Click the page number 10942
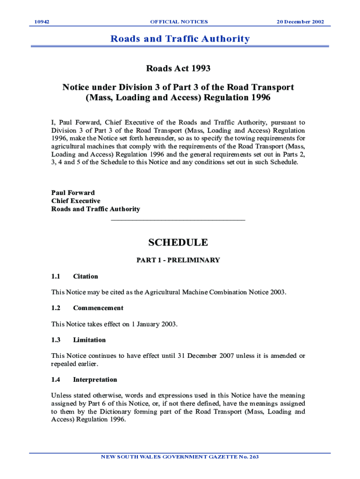point(43,22)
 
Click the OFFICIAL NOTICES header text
point(179,22)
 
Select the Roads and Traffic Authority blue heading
point(180,39)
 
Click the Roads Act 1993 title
point(179,69)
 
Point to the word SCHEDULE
point(178,242)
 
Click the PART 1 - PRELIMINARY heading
point(178,260)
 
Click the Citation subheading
point(86,276)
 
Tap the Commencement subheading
point(98,308)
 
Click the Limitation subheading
point(89,340)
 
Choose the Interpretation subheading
point(95,380)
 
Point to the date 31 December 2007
point(206,356)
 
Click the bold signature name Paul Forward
point(72,193)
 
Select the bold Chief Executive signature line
point(76,201)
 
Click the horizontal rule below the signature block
point(178,219)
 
